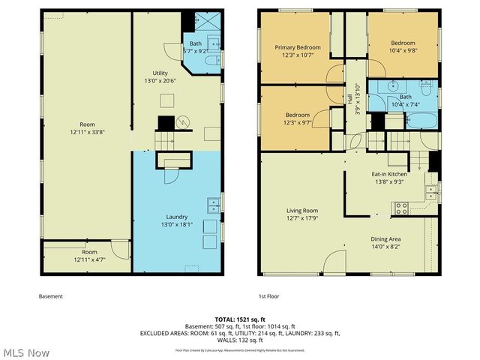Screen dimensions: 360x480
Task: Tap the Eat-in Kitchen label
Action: pyautogui.click(x=389, y=174)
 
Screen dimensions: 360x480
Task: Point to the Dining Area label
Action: pyautogui.click(x=390, y=239)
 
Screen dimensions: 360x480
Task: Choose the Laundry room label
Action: pyautogui.click(x=177, y=215)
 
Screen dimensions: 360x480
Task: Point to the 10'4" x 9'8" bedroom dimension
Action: pyautogui.click(x=403, y=51)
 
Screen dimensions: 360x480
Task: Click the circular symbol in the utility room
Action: pyautogui.click(x=184, y=120)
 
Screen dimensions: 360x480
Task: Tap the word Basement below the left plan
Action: pyautogui.click(x=51, y=296)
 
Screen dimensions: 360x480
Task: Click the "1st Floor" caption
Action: pyautogui.click(x=268, y=296)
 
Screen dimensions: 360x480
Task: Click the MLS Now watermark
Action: pyautogui.click(x=26, y=352)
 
